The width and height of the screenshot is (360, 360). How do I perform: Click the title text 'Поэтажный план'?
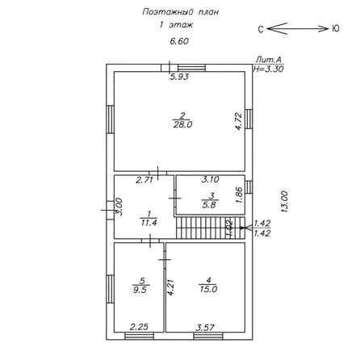point(180,12)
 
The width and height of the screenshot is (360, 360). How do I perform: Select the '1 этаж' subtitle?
point(176,25)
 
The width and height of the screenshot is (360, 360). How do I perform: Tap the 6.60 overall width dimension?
point(179,41)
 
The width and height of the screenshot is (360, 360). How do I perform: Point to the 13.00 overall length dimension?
point(284,202)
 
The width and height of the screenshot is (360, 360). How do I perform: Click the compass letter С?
point(261,29)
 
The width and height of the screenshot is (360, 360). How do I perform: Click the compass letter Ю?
point(335,28)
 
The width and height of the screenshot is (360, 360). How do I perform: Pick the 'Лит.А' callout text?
point(268,60)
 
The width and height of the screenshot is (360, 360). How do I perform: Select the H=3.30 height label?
point(268,69)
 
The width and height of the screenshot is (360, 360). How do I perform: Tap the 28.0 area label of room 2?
point(182,125)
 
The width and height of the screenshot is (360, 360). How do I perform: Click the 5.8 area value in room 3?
point(209,205)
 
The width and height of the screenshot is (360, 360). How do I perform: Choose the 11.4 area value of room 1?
point(149,223)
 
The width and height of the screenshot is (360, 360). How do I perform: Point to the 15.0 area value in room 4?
point(208,290)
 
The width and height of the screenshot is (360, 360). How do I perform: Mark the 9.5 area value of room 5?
point(140,290)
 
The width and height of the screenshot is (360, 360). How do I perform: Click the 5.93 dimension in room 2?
point(179,77)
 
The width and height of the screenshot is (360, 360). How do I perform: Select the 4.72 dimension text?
point(239,122)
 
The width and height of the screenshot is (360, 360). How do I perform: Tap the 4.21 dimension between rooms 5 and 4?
point(171,288)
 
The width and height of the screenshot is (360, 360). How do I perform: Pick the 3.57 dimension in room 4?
point(205,328)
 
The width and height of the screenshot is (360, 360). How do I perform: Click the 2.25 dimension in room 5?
point(139,327)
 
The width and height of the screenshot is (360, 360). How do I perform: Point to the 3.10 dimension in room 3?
point(211,179)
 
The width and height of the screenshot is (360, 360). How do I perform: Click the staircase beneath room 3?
point(211,228)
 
